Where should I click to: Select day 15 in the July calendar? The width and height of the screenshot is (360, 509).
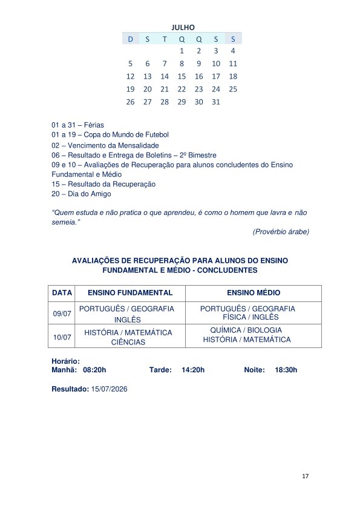coord(182,76)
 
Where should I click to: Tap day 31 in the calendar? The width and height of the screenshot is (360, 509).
coord(216,102)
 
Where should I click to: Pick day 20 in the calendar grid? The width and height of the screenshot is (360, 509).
coord(147,89)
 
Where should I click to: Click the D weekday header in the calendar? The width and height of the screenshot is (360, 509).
coord(130,39)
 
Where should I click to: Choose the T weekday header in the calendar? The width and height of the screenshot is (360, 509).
coord(165,39)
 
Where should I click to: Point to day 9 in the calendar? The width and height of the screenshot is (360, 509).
coord(199,64)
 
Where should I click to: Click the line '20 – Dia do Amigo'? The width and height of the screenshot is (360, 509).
coord(81,194)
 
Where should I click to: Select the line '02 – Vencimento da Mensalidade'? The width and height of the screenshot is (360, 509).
coord(105,145)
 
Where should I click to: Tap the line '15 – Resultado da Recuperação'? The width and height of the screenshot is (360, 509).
coord(103,184)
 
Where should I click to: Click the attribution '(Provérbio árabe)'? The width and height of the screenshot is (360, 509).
coord(280,231)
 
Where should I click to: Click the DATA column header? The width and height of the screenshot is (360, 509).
coord(62,292)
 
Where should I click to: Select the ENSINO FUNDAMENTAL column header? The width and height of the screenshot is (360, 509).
coord(130,292)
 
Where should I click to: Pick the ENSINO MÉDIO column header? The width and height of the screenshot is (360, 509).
coord(254,292)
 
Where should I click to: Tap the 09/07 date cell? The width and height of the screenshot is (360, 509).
coord(62,314)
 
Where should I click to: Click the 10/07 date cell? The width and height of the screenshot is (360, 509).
coord(62,337)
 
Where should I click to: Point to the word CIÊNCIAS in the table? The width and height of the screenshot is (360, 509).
coord(128,342)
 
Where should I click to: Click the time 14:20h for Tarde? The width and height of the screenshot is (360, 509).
coord(193,369)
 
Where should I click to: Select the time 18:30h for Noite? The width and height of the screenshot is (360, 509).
coord(286,369)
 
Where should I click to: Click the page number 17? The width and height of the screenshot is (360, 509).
coord(306,477)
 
